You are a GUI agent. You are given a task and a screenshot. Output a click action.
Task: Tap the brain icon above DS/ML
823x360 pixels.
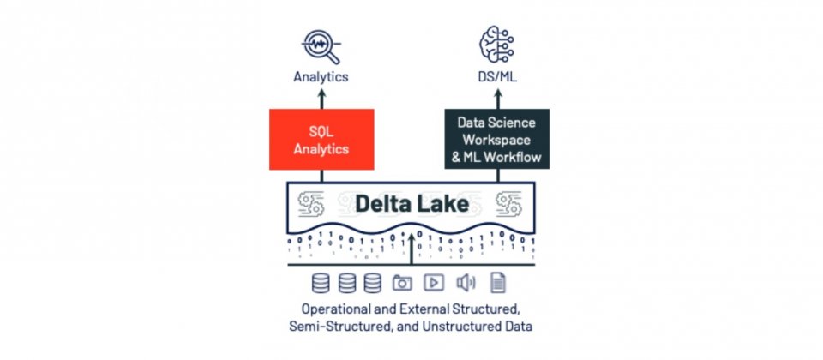[x=496, y=45]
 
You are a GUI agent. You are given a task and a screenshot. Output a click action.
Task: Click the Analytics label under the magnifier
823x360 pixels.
[x=321, y=77]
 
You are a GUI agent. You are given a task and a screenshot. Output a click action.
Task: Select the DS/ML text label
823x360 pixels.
[x=497, y=76]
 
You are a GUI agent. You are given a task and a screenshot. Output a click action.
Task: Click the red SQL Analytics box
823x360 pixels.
[x=321, y=139]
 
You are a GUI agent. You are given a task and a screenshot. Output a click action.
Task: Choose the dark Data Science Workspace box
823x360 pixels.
[x=497, y=139]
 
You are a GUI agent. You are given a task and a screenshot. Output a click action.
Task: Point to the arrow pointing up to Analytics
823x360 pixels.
[x=321, y=99]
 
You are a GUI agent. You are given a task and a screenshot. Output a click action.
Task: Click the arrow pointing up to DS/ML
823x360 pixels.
[x=497, y=99]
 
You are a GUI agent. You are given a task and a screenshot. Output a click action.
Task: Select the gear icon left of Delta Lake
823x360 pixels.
[x=310, y=204]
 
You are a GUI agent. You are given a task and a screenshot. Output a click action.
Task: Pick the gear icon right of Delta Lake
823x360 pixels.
[x=508, y=204]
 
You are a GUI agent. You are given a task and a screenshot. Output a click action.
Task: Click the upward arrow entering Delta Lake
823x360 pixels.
[x=411, y=249]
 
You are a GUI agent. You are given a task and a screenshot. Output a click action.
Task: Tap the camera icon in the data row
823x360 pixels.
[x=402, y=283]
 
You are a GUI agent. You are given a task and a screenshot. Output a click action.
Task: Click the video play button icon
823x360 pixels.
[x=434, y=282]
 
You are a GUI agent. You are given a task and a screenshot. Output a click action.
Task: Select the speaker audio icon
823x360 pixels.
[x=466, y=283]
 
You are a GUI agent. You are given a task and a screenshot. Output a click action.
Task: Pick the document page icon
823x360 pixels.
[x=497, y=283]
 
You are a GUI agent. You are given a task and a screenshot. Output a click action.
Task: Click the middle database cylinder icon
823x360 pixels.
[x=347, y=283]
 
